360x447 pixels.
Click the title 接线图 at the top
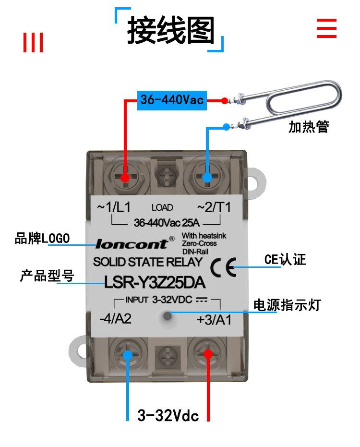[170, 30]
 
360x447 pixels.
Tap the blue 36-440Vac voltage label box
[172, 100]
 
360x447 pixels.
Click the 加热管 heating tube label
[309, 127]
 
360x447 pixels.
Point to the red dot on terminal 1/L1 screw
[125, 178]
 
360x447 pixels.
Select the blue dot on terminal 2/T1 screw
[207, 178]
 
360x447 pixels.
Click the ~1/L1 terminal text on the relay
[114, 207]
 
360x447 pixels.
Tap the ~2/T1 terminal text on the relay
[214, 207]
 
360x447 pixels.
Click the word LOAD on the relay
[162, 207]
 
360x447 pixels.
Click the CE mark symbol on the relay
[224, 267]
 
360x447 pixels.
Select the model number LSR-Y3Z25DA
[155, 282]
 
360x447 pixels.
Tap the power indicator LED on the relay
[168, 315]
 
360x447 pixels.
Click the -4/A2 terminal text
[115, 319]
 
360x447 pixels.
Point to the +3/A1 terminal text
[214, 320]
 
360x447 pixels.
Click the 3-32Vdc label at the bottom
[168, 415]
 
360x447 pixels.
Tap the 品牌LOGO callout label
[42, 238]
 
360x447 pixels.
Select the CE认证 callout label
[285, 259]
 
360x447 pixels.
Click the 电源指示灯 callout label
[288, 305]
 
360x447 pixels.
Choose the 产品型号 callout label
[47, 276]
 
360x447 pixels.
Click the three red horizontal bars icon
[327, 28]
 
